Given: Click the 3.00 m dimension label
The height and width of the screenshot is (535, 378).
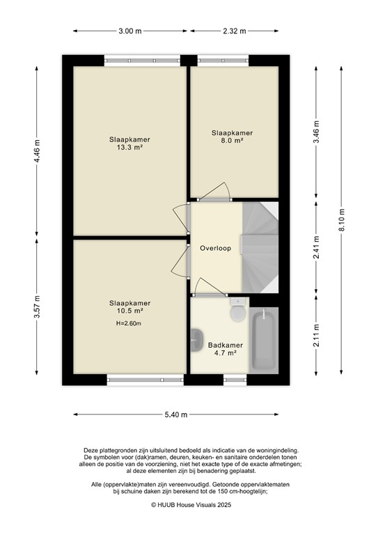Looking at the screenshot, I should point(129,31).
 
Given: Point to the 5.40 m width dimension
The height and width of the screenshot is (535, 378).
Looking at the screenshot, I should point(175,414).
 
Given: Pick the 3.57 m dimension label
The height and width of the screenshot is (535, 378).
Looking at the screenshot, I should point(38,307).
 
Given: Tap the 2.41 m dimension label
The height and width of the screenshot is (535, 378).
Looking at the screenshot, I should point(316,249).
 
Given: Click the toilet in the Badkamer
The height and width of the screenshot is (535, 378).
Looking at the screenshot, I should point(237,309).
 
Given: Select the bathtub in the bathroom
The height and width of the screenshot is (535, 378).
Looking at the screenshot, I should point(263,339).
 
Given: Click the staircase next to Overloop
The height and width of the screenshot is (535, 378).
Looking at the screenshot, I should point(260,247).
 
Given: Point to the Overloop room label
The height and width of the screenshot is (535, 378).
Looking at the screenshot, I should point(215,248).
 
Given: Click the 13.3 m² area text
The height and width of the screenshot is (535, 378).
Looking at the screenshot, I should point(129,148).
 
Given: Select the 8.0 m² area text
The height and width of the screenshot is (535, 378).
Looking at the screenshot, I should point(232,141).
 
